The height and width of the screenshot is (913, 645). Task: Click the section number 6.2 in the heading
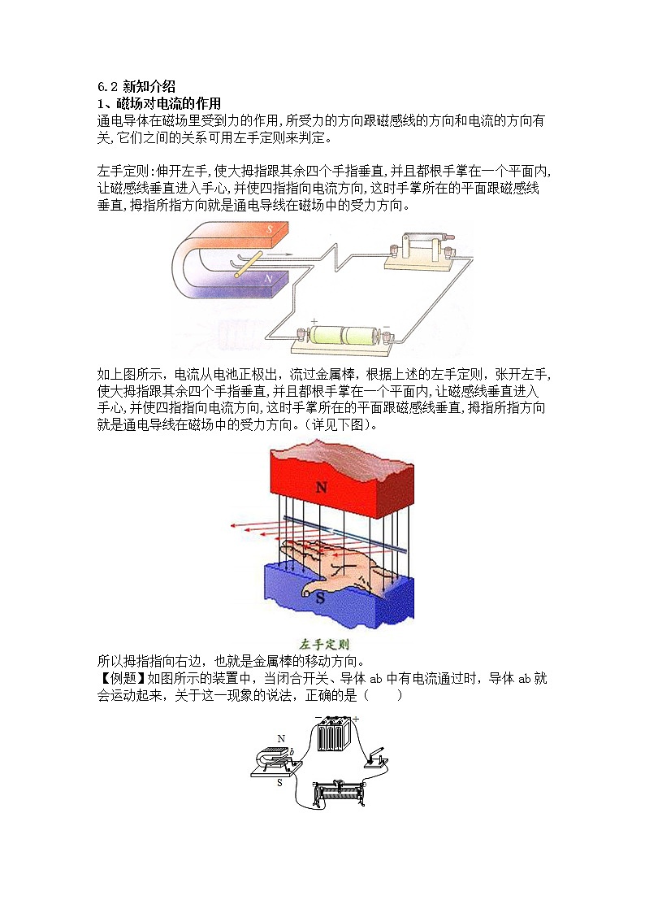pos(107,87)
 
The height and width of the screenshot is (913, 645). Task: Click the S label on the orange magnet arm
pos(270,230)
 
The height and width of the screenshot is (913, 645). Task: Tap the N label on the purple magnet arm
pos(268,279)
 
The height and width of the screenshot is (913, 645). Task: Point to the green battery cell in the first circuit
pos(342,336)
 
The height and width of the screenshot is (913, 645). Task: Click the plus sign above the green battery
pos(314,321)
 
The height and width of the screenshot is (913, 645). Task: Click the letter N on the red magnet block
pos(321,487)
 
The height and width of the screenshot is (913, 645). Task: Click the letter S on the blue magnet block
pos(320,598)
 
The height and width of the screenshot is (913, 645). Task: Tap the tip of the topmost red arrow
pos(232,526)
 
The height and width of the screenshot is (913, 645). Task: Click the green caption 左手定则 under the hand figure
pos(324,645)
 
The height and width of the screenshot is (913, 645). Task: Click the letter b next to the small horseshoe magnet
pos(292,752)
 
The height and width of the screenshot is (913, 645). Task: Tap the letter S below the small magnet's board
pos(279,783)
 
